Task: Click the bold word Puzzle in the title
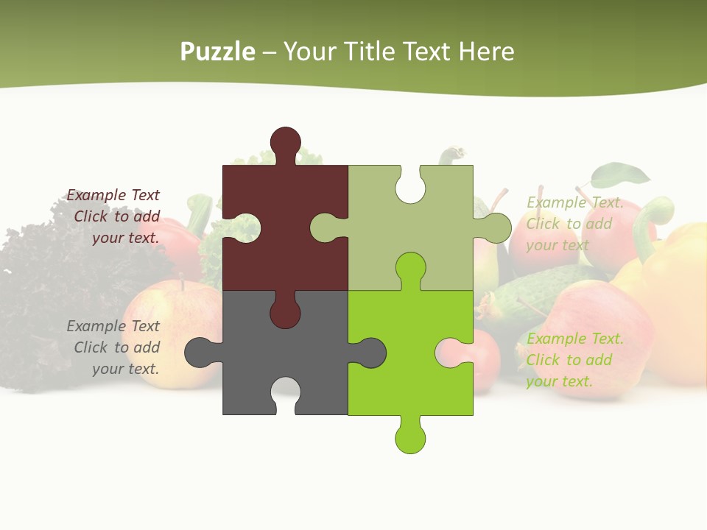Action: click(217, 52)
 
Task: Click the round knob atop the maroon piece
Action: click(285, 142)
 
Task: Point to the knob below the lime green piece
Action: click(410, 437)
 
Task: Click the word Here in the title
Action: click(486, 52)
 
